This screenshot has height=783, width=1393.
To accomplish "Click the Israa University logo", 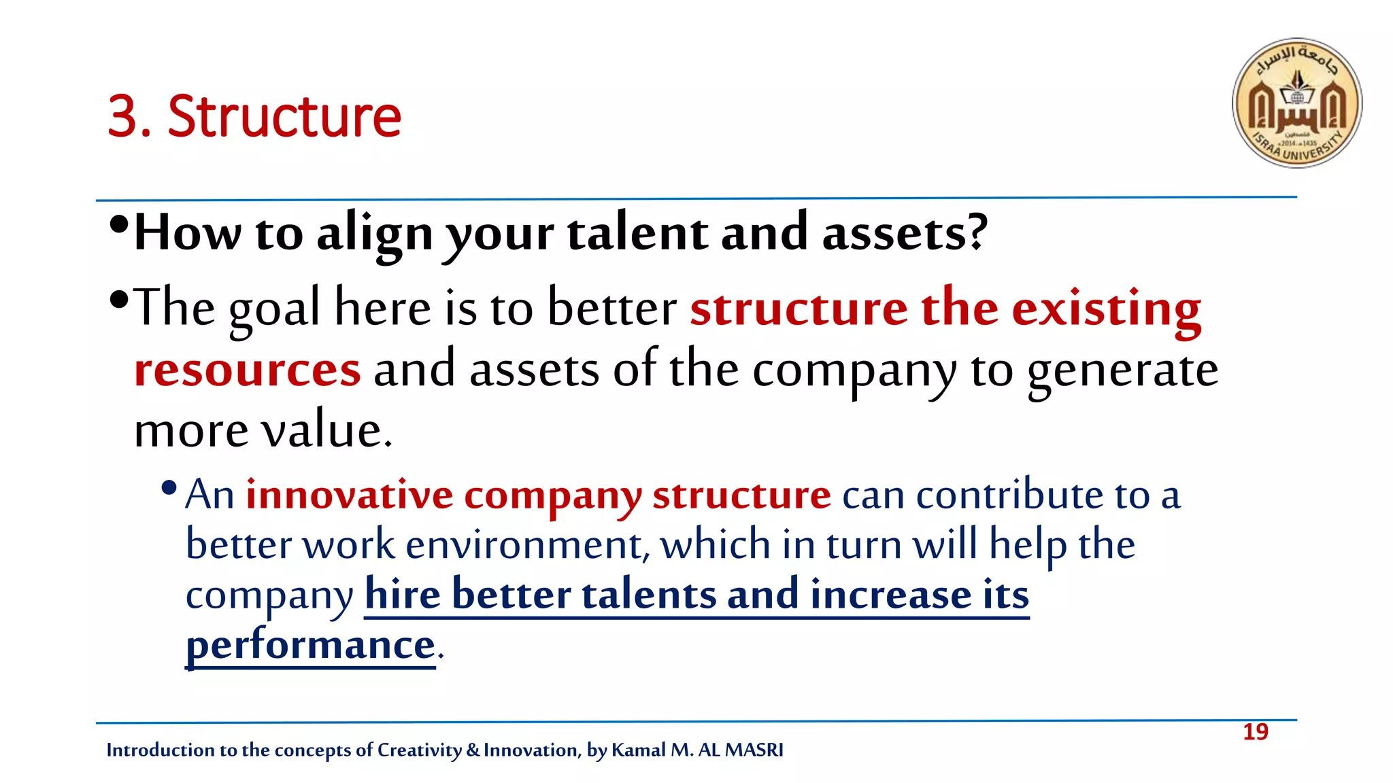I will (x=1297, y=103).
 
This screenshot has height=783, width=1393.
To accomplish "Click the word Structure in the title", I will (x=284, y=116).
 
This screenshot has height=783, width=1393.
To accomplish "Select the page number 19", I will (x=1255, y=732).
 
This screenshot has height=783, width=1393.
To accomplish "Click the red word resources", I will (x=247, y=370).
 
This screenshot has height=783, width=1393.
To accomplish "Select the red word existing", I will (x=1106, y=309).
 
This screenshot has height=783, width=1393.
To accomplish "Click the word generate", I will (x=1122, y=370).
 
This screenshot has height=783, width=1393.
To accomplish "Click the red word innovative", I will (x=349, y=495).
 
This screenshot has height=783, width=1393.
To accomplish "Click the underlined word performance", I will (x=310, y=645).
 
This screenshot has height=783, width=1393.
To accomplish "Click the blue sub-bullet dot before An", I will (x=169, y=487).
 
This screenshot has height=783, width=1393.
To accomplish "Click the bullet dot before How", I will (x=118, y=224).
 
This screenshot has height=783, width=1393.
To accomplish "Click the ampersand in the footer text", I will (x=473, y=750).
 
